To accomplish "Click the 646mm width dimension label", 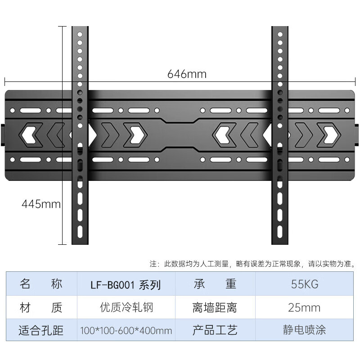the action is coord(187,74).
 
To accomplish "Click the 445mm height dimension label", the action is coord(41,204).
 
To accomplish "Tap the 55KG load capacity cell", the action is coord(305,284).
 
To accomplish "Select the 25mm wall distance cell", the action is coord(305,307).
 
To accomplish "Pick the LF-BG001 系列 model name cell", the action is coord(126,284).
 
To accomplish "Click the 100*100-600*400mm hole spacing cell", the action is coord(126,330).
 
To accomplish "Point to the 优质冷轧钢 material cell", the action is coord(126,307).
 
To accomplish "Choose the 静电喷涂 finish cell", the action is coord(305,330).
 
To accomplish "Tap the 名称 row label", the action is coord(41,284).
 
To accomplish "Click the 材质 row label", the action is coord(41,307).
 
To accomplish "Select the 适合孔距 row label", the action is coord(41,330).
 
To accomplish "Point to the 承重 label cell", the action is coord(215,284).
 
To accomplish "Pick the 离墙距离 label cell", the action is coord(215,307).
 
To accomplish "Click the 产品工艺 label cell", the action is coord(215,330).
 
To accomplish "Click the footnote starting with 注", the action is coord(252,264).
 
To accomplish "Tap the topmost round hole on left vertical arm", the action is coord(80,35).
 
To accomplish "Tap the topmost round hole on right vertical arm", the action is coord(280,35).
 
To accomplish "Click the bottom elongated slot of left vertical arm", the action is coord(80,232).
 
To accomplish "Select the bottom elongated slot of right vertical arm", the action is coord(280,232).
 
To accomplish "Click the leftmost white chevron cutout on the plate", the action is coord(29,135).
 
